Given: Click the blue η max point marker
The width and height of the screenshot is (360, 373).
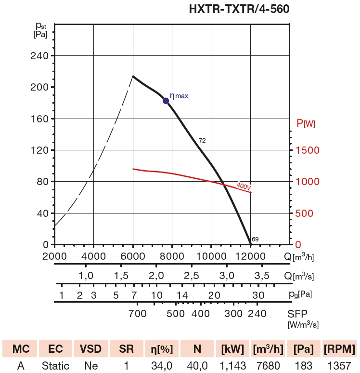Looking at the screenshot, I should click(166, 101).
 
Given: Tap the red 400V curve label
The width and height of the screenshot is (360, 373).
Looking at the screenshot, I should click(244, 186).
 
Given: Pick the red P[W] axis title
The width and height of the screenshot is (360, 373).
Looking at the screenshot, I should click(306, 124).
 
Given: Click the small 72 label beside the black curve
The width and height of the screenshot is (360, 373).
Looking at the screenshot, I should click(202, 141).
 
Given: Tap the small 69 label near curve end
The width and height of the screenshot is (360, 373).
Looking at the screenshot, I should click(255, 239).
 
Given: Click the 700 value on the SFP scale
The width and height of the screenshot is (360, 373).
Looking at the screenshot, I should click(137, 314).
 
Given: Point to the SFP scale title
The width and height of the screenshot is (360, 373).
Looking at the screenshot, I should click(297, 314).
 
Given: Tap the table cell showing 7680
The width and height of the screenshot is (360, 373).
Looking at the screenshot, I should click(267, 366).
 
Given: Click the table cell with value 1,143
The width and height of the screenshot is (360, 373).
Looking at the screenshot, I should click(233, 366).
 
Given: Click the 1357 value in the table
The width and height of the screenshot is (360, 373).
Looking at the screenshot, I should click(339, 366).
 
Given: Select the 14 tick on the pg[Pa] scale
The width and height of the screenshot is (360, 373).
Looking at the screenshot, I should click(182, 295).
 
